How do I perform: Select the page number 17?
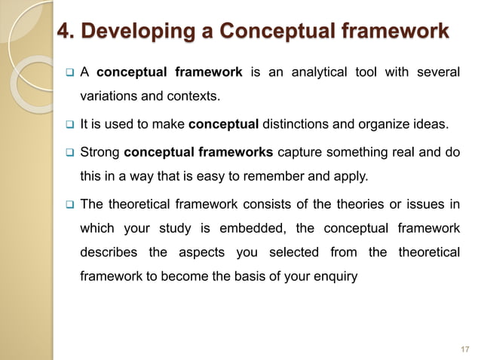(x=464, y=349)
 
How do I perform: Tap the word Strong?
(x=100, y=152)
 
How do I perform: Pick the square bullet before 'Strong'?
(x=66, y=153)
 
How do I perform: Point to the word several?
(x=438, y=72)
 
